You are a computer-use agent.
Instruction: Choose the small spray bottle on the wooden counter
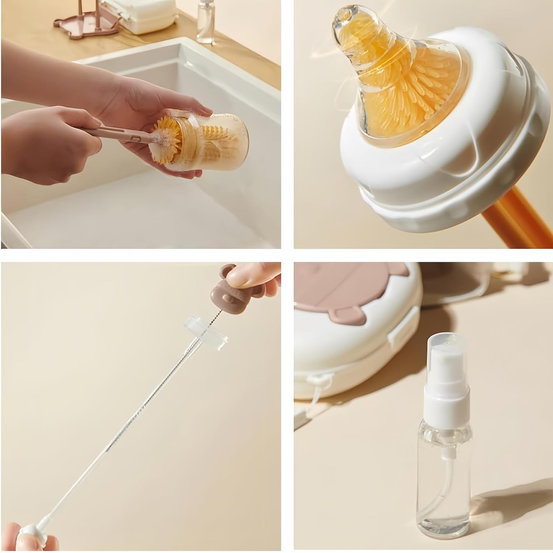[x=206, y=22]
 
